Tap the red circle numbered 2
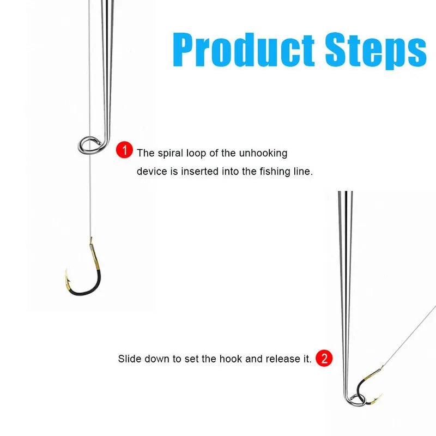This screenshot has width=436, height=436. (x=324, y=359)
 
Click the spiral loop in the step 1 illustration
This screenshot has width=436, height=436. (x=90, y=144)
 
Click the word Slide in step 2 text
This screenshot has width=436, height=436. (x=128, y=359)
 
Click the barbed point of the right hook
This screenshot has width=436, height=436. (x=379, y=396)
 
